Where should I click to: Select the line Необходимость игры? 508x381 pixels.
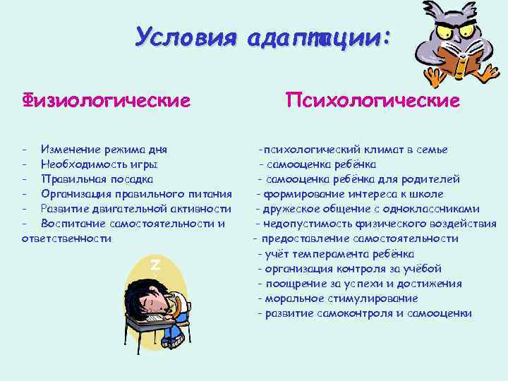click(x=99, y=164)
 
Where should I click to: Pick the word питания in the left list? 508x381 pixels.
click(x=209, y=193)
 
